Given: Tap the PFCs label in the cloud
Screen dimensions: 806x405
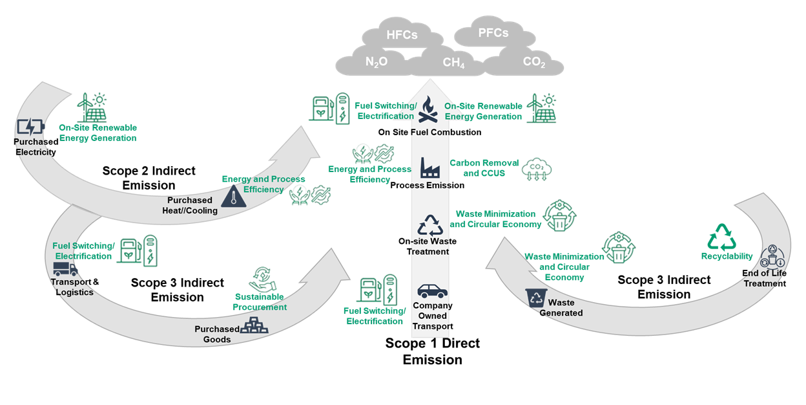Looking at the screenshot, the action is (493, 32).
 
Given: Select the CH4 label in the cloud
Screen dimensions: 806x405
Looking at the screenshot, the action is (453, 63).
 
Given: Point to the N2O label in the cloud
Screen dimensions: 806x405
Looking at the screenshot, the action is (377, 63).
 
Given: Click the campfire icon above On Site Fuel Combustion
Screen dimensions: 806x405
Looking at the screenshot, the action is (429, 110).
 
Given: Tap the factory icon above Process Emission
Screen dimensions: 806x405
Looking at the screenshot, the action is (430, 168).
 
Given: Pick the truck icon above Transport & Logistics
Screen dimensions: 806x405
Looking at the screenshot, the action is (65, 269).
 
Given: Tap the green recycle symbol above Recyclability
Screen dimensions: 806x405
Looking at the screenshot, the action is (721, 237).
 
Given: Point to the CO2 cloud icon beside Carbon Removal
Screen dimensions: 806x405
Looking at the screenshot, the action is (537, 169).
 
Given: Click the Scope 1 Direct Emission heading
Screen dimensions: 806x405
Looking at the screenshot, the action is (432, 351).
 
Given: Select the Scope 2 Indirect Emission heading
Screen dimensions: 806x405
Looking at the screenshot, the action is (149, 178).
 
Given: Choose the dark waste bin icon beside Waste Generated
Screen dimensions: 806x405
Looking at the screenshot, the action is (535, 298).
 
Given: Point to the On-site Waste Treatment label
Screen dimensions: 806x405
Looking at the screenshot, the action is (428, 246).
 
